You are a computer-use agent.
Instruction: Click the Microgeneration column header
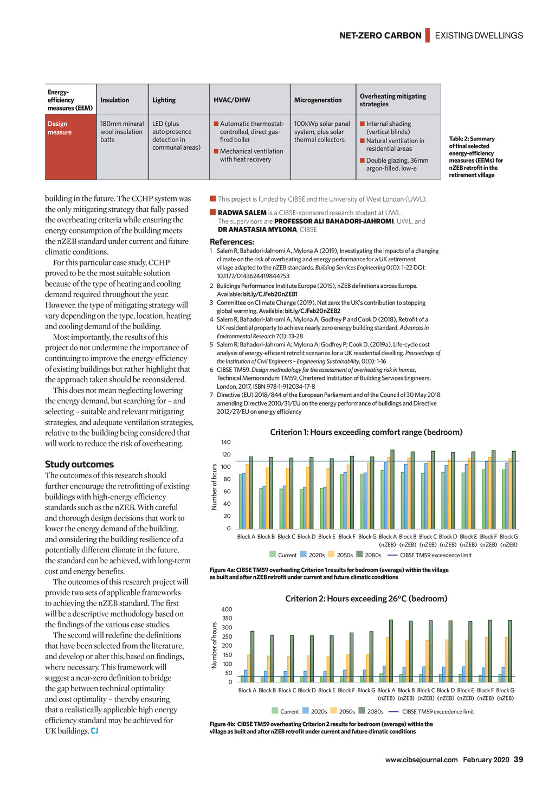[318, 100]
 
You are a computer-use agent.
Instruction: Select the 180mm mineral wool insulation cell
[122, 132]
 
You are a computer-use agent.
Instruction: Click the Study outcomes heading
[79, 464]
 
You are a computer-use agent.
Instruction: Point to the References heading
[231, 242]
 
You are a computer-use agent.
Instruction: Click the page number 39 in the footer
[518, 760]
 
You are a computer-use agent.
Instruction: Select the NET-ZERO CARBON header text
[380, 36]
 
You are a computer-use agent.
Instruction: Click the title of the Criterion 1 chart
[366, 432]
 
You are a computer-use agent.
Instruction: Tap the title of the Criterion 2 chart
[366, 599]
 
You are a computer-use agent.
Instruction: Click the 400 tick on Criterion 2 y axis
[227, 609]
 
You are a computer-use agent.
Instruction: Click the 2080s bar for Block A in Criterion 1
[251, 492]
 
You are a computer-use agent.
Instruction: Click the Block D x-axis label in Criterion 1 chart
[306, 537]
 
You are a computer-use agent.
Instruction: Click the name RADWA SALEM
[242, 213]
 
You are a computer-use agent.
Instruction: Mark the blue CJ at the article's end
[94, 731]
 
